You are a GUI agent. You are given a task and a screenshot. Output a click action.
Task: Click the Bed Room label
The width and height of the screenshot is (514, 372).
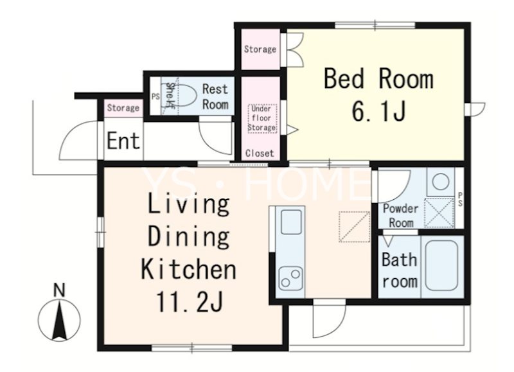[x=378, y=78]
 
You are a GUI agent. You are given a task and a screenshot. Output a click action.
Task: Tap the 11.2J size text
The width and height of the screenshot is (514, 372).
[x=190, y=301]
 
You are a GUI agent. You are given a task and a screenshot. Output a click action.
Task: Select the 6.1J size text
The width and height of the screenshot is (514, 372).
[x=378, y=111]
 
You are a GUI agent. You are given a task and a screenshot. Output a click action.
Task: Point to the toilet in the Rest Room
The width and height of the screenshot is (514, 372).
[x=184, y=95]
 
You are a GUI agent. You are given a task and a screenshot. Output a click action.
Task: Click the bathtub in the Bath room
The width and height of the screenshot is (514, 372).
[x=441, y=266]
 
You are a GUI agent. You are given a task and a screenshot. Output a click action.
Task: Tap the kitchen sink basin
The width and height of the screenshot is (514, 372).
[x=291, y=222]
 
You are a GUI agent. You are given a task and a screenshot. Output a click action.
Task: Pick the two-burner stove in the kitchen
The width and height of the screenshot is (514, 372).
[x=290, y=278]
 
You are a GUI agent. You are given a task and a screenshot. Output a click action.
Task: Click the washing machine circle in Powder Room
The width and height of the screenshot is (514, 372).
[x=440, y=182]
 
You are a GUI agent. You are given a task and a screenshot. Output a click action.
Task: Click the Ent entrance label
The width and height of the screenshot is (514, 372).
[x=123, y=141]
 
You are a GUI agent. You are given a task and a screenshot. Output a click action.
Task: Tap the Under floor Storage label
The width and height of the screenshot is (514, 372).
[x=262, y=118]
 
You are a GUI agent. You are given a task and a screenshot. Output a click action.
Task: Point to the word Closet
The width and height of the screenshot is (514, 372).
[x=260, y=153]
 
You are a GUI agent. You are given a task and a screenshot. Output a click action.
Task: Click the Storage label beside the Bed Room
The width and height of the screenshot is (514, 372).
[x=260, y=49]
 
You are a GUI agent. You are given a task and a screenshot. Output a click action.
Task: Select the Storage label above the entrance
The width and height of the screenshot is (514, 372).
[x=123, y=108]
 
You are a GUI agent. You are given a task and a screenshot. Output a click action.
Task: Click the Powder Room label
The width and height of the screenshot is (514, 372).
[x=400, y=216]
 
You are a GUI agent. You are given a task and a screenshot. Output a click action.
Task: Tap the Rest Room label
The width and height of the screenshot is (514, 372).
[x=215, y=96]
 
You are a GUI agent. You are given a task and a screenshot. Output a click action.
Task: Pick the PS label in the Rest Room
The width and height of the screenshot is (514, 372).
[x=155, y=96]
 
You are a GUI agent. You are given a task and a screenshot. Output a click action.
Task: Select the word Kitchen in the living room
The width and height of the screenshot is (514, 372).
[x=188, y=269]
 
